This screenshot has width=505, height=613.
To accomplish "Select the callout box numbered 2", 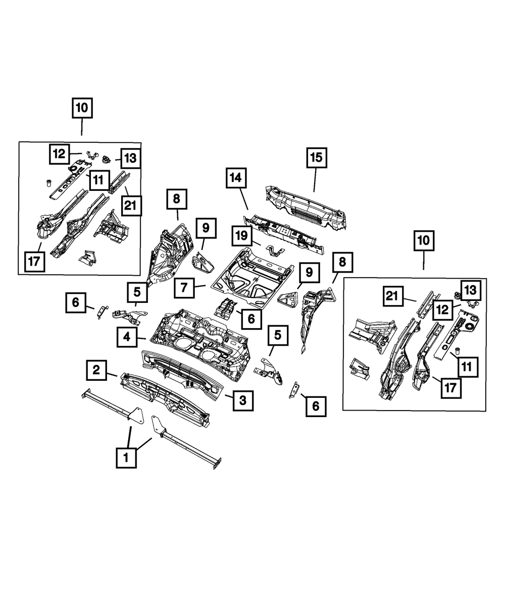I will coord(95,371).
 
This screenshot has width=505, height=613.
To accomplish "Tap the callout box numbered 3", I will coord(242,400).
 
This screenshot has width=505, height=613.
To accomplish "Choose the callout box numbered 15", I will coord(316,158).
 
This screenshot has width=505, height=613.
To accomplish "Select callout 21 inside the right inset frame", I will coord(396,297).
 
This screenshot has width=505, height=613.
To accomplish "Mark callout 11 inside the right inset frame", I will coord(466,367).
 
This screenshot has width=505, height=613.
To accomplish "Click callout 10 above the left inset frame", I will coord(82,108).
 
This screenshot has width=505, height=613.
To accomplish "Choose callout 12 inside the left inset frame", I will coord(60,154).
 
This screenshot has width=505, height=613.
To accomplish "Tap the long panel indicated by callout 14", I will coord(283,230).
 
